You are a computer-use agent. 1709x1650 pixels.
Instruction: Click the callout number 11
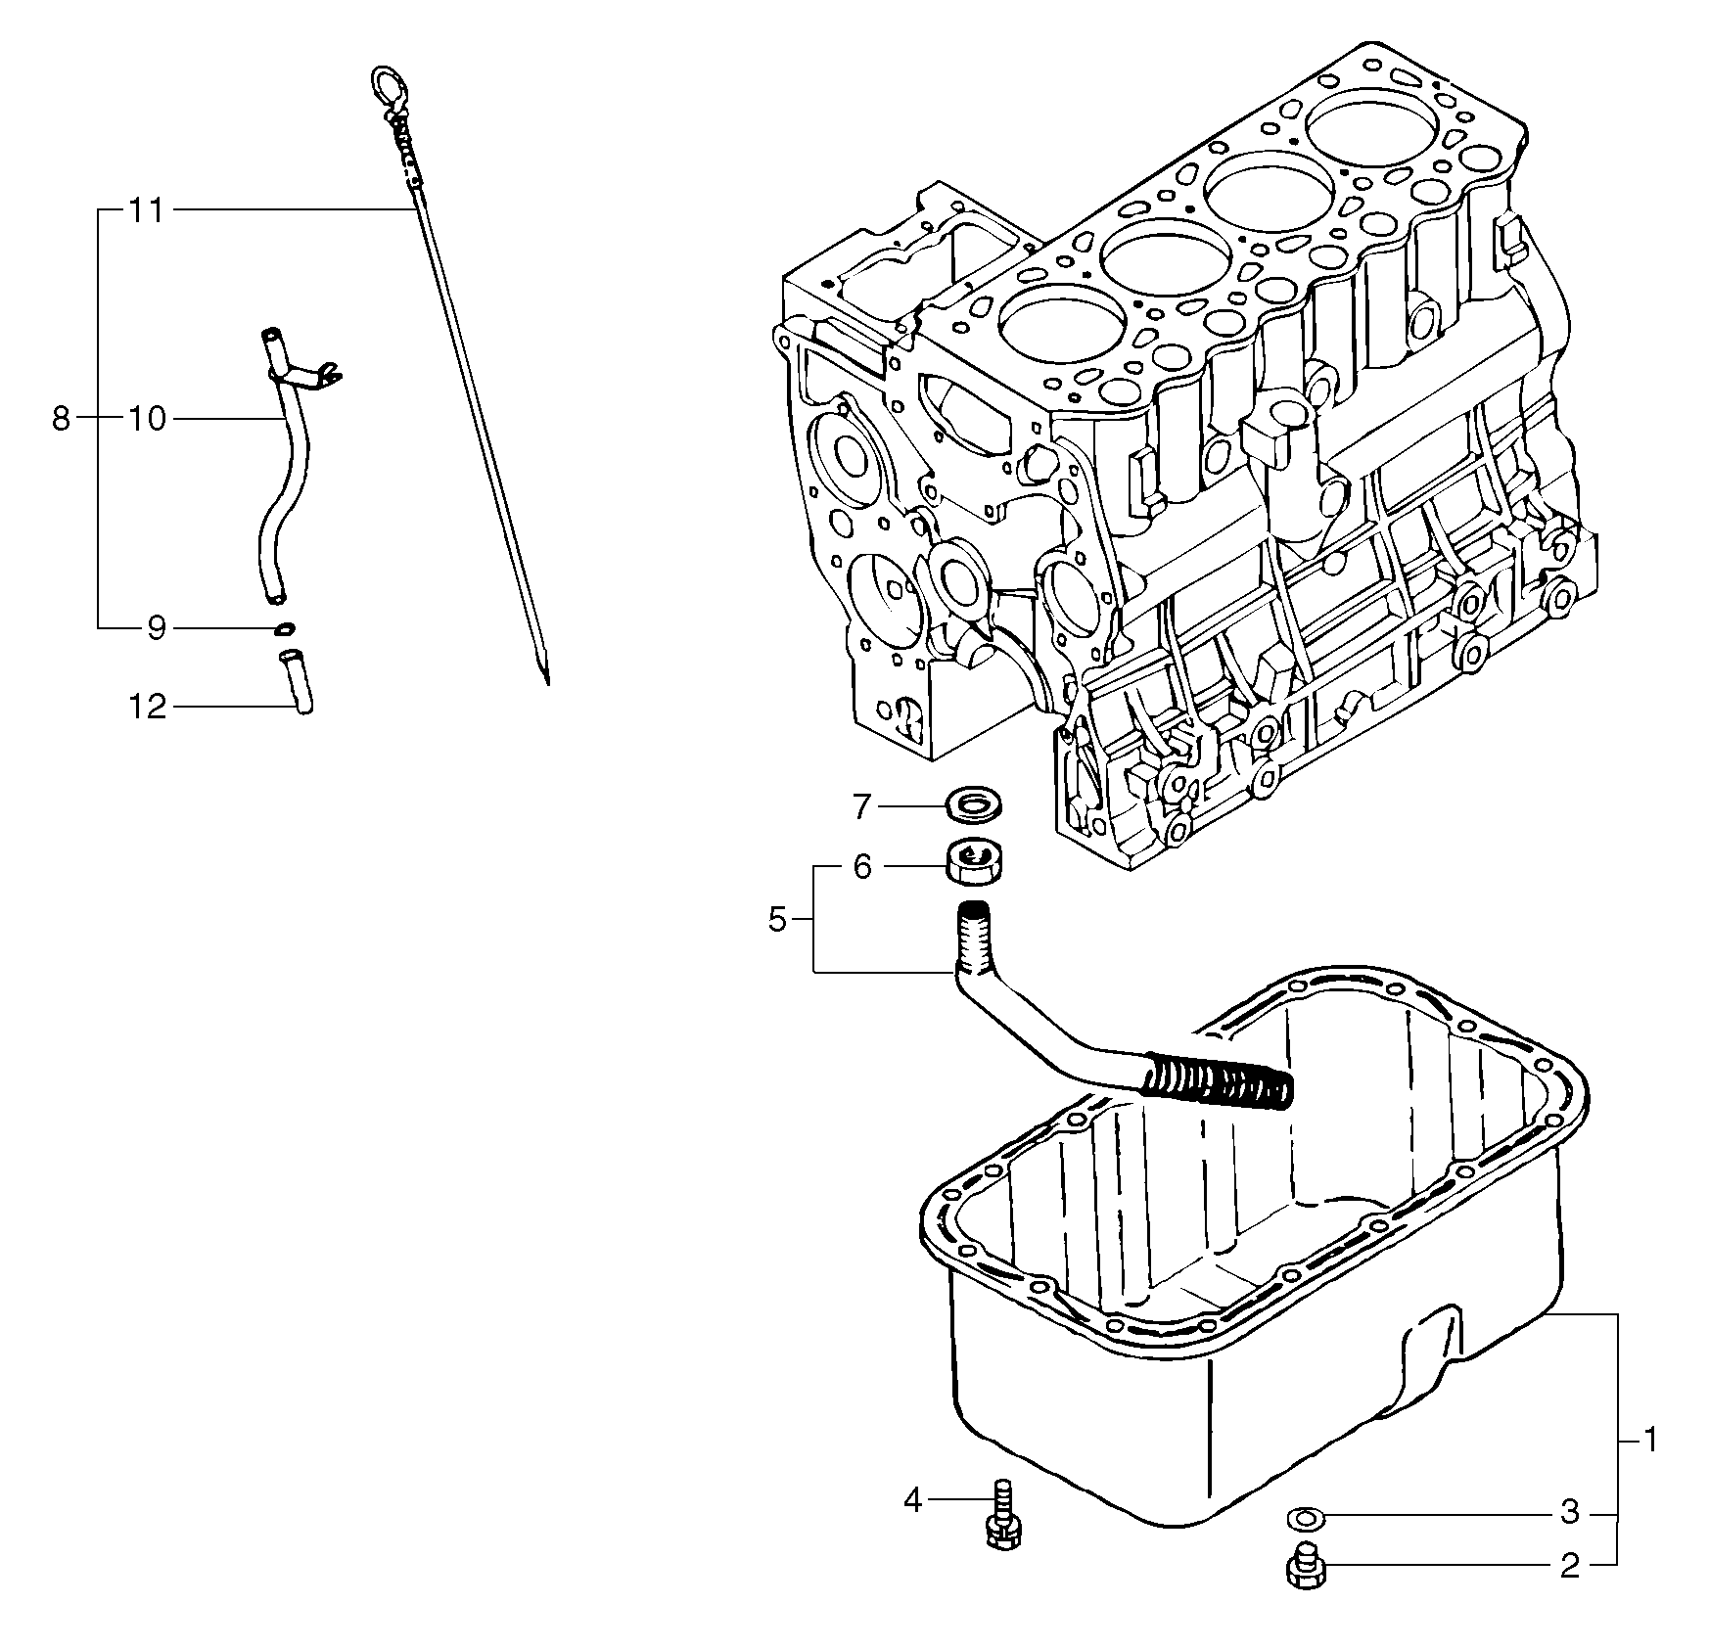pyautogui.click(x=147, y=210)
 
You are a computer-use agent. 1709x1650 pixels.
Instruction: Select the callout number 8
pyautogui.click(x=61, y=420)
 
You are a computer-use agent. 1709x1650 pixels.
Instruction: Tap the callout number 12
pyautogui.click(x=148, y=707)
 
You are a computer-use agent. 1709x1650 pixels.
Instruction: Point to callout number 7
pyautogui.click(x=861, y=806)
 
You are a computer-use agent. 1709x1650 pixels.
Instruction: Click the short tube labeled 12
pyautogui.click(x=297, y=682)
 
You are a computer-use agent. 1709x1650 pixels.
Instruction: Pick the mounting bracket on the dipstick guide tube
pyautogui.click(x=311, y=373)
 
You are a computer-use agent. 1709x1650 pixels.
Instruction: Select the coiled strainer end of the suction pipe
pyautogui.click(x=1219, y=1081)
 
